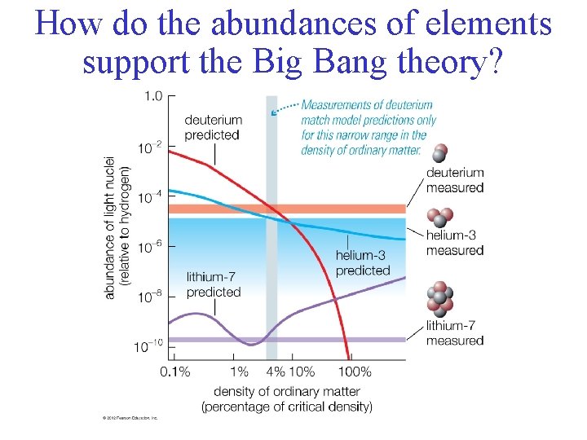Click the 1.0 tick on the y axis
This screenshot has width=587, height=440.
[153, 96]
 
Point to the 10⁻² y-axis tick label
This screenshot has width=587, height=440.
[151, 147]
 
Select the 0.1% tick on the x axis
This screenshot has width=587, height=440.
[174, 372]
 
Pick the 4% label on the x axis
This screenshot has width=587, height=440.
[275, 372]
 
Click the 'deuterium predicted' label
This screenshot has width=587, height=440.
[212, 127]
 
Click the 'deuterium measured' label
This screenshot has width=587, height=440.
[455, 180]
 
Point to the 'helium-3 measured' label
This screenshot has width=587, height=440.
[455, 243]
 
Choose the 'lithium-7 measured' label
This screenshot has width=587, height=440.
[455, 333]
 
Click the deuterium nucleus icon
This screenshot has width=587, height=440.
[440, 153]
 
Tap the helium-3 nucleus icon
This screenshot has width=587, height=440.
[442, 218]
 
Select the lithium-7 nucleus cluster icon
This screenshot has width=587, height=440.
[441, 299]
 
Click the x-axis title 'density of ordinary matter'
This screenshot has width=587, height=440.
[286, 392]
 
